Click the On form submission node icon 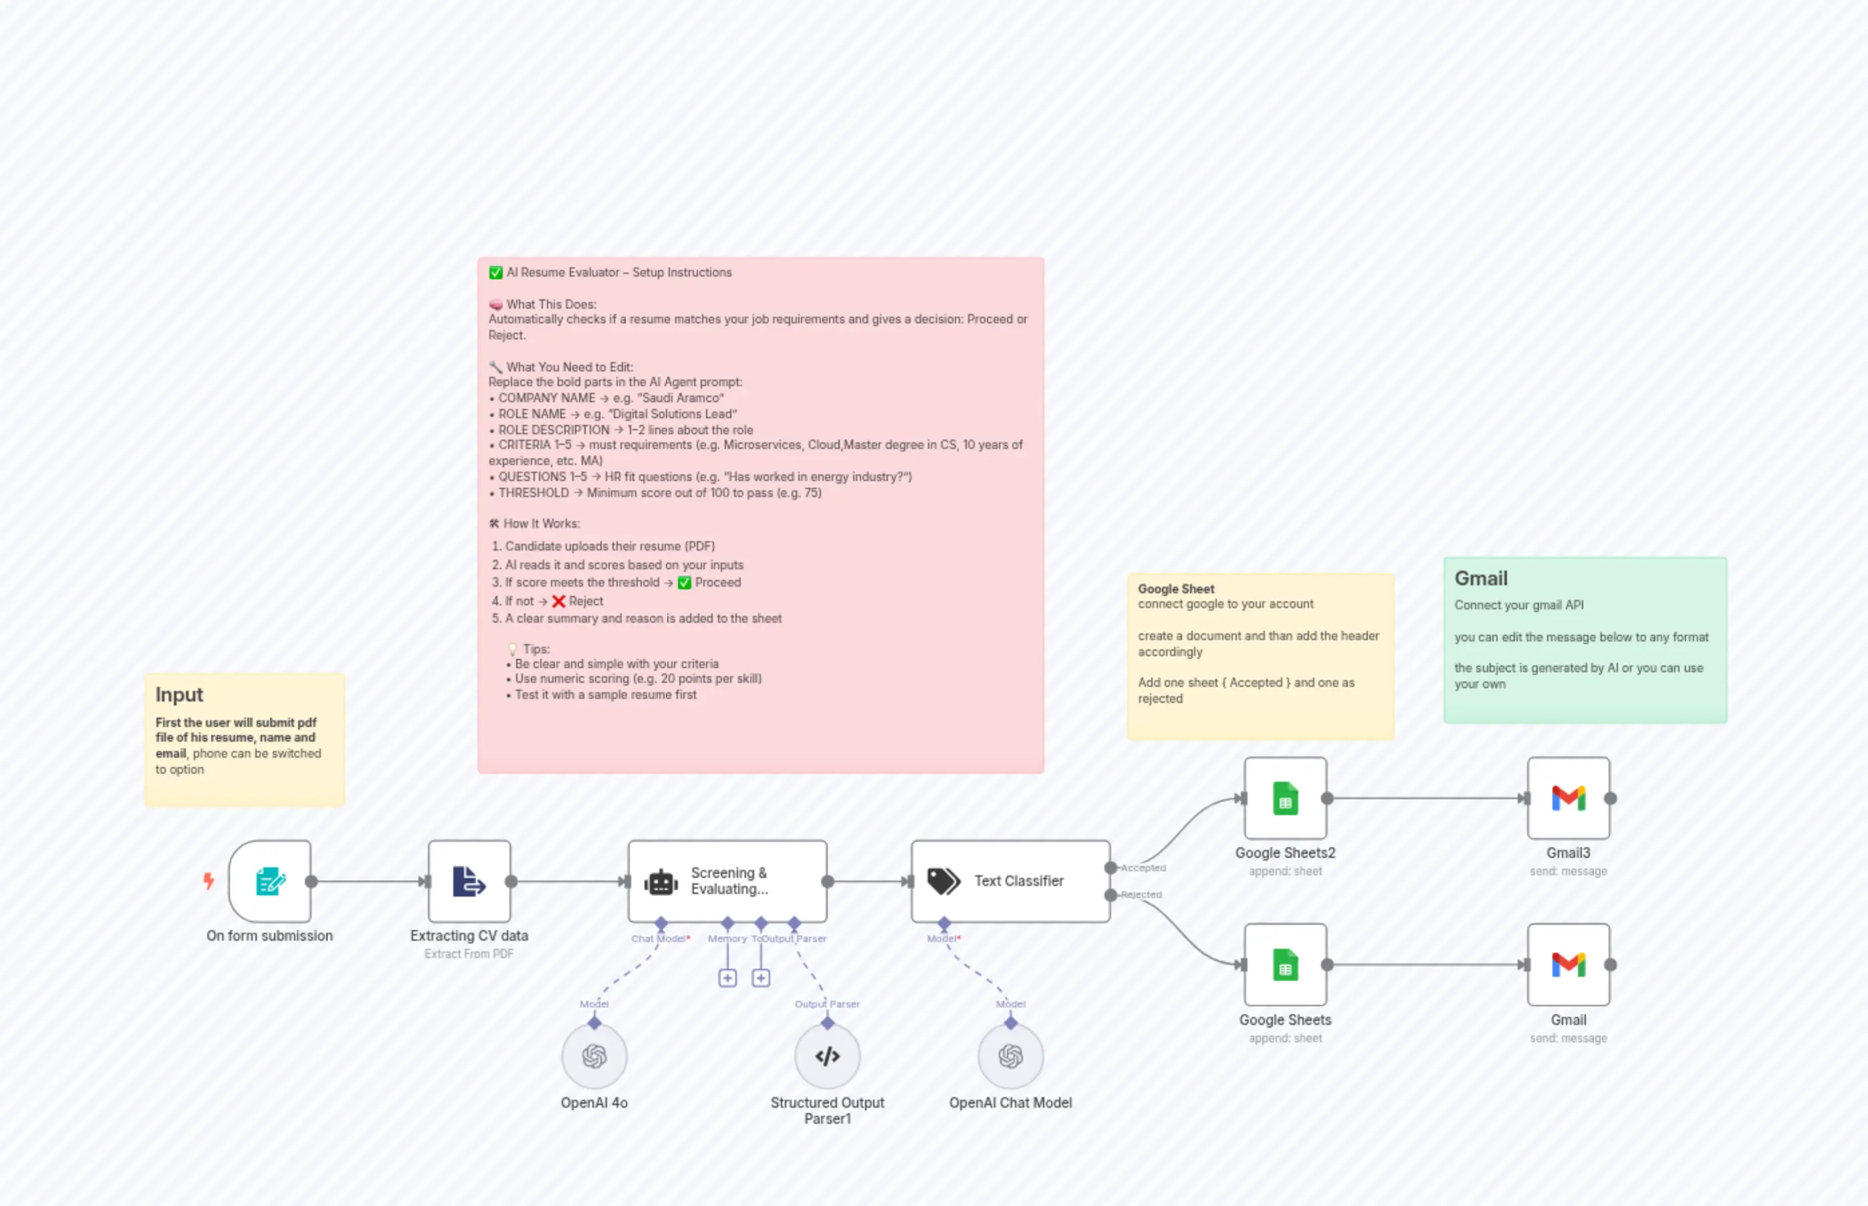269,881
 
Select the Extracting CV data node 469,881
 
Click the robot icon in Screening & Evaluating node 661,883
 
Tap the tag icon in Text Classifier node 943,881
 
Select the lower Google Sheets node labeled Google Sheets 1285,965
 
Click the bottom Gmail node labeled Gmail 1568,965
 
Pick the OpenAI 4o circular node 594,1056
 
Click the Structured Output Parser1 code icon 828,1056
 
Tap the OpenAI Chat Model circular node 1010,1056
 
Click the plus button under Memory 727,978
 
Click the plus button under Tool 761,978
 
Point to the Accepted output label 1143,868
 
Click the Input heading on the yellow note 179,695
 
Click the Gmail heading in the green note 1480,578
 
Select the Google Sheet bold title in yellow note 1175,589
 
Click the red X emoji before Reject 558,601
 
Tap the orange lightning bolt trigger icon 209,881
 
